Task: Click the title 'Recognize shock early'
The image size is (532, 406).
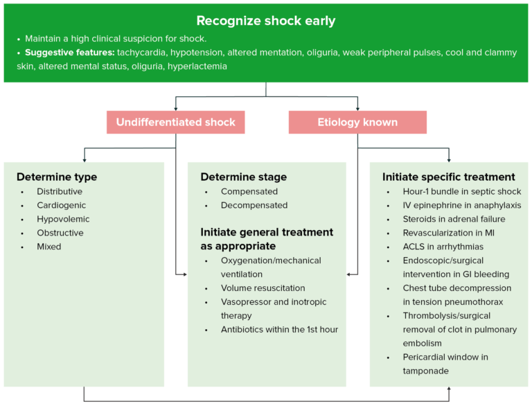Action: [x=266, y=21]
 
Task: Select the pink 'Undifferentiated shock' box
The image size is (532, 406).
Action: [x=175, y=123]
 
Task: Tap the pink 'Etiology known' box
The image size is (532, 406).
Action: [x=357, y=123]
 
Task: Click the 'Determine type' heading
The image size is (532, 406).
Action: [x=57, y=177]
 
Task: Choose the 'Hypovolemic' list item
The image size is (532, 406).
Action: [x=63, y=219]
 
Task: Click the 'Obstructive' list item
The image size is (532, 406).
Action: [x=60, y=233]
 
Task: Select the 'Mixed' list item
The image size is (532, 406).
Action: [x=49, y=247]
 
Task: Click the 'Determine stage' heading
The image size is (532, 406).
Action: [x=243, y=177]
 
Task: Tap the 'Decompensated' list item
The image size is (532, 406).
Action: [x=254, y=205]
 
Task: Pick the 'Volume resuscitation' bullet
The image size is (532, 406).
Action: [x=263, y=288]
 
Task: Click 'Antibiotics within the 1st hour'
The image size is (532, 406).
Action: [x=280, y=329]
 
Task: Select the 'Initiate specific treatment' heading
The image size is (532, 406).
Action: [x=449, y=177]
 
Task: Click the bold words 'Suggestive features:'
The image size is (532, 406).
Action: [x=69, y=53]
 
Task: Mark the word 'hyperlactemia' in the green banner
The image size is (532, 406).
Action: [x=197, y=67]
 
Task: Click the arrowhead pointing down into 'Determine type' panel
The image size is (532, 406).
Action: [x=84, y=159]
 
